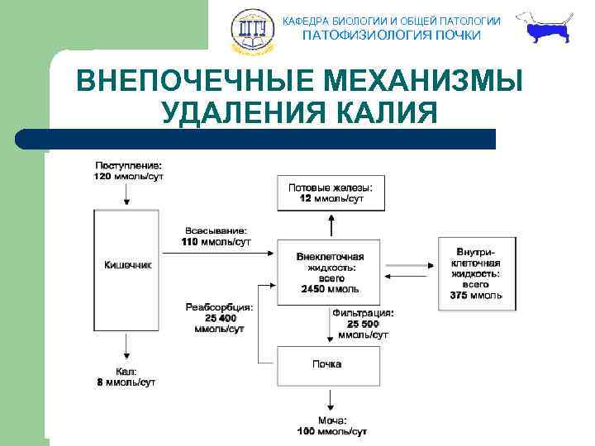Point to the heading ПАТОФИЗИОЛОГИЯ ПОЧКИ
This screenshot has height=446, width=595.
click(391, 36)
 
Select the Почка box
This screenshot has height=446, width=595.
click(328, 364)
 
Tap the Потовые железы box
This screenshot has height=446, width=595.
click(330, 193)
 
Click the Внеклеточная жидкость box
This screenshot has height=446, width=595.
click(329, 272)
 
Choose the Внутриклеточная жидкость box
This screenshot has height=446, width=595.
click(477, 273)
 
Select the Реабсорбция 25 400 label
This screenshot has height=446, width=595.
click(218, 318)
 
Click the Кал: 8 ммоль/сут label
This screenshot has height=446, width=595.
click(126, 377)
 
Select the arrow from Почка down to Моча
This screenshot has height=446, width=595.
click(330, 399)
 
